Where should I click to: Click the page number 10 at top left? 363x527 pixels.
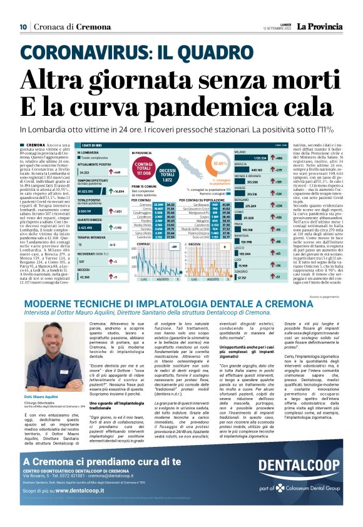click(23, 27)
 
